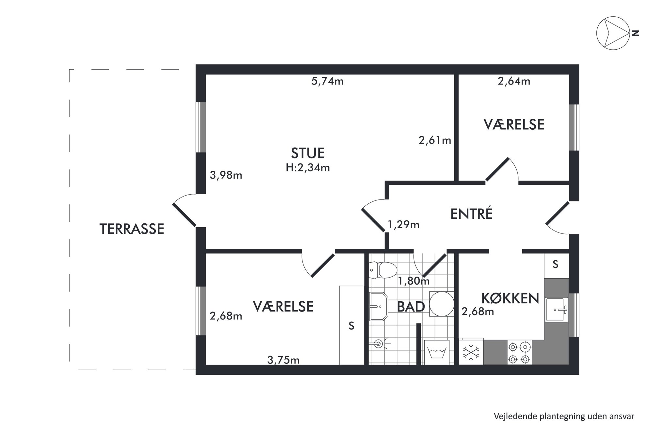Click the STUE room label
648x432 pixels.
(x=308, y=153)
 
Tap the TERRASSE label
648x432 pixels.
(x=132, y=229)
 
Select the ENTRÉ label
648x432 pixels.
(x=471, y=214)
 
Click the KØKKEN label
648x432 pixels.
(x=510, y=298)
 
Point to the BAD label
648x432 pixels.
(x=411, y=307)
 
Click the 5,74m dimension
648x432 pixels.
(x=327, y=81)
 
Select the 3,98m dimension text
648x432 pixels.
(x=226, y=175)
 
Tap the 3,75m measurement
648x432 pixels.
(x=283, y=360)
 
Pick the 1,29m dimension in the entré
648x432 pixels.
(x=403, y=225)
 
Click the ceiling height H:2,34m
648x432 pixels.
(x=308, y=168)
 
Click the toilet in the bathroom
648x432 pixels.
(x=383, y=270)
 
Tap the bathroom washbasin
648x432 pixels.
(x=378, y=307)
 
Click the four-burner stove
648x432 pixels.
(x=519, y=352)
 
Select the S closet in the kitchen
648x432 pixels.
(x=556, y=265)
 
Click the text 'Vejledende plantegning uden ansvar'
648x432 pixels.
(x=564, y=416)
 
